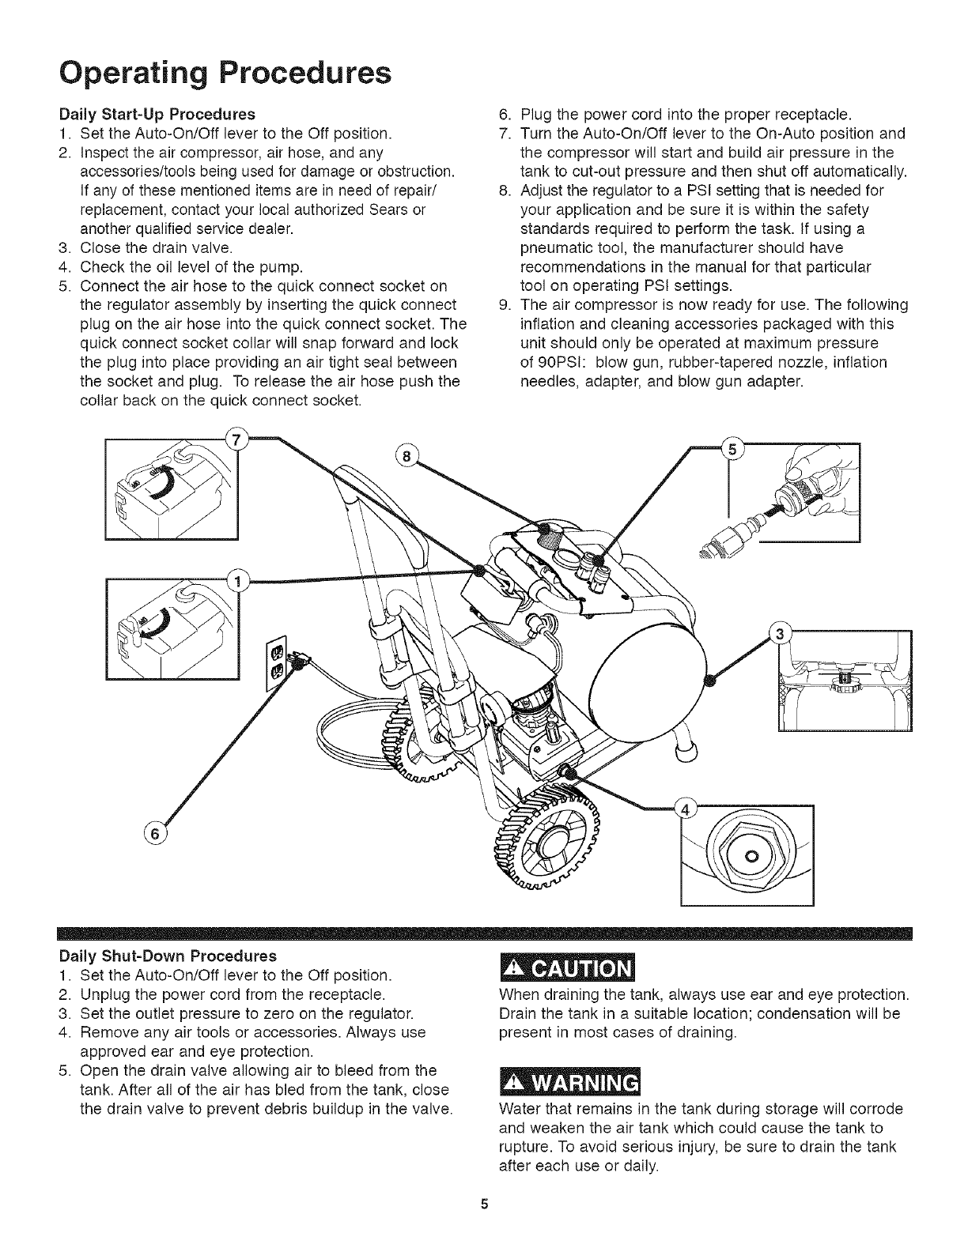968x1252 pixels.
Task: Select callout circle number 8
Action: click(x=407, y=456)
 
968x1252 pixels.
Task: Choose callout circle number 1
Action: click(x=235, y=582)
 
